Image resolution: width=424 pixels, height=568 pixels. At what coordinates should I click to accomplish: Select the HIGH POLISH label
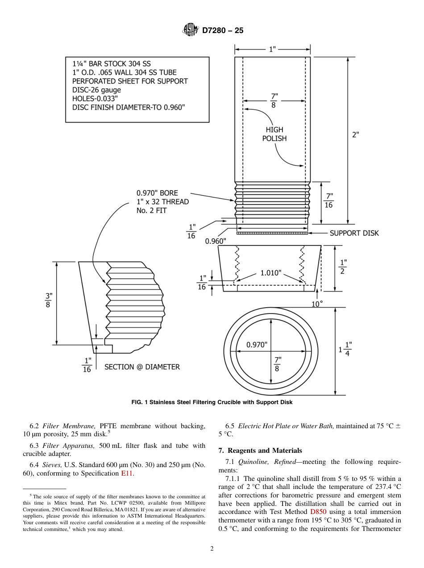(x=274, y=134)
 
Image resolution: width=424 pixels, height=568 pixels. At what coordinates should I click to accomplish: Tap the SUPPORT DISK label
(x=354, y=233)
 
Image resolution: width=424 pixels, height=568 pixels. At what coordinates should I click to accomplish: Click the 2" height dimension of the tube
(x=355, y=134)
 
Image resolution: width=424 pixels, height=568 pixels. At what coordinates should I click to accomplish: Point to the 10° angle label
(x=316, y=304)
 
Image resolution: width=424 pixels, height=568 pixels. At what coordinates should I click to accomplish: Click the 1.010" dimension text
(x=271, y=273)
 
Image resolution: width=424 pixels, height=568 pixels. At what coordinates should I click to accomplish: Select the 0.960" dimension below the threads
(x=216, y=241)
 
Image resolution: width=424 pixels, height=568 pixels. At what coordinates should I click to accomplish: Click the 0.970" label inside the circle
(x=257, y=345)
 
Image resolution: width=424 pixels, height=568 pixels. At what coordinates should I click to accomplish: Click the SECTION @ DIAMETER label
(x=142, y=367)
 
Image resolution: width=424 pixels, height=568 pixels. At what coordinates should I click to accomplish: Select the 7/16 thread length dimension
(x=329, y=200)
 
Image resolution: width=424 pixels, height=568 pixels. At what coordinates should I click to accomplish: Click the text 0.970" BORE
(x=157, y=193)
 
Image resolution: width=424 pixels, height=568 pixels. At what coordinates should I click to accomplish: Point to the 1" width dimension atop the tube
(x=273, y=50)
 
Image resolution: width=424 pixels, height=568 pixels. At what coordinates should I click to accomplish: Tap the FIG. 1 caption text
(x=212, y=402)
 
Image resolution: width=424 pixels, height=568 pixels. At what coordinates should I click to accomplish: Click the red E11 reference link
(x=127, y=473)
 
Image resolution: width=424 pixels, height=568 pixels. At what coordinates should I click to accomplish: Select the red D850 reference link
(x=318, y=512)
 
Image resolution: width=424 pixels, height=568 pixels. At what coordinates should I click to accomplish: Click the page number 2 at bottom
(x=212, y=549)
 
